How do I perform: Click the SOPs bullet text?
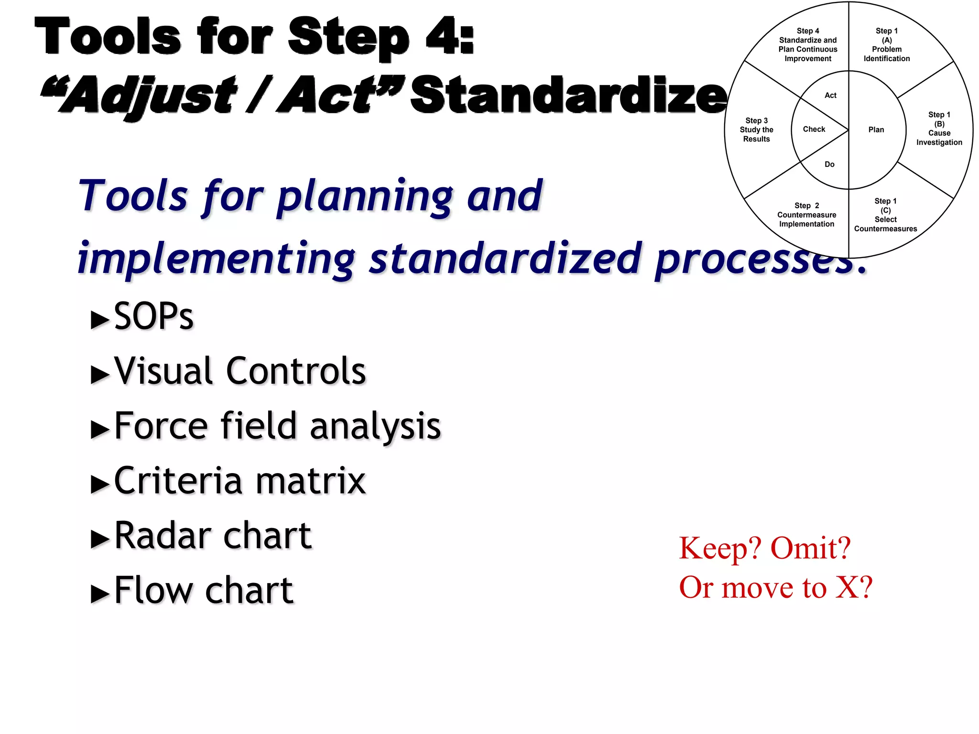click(153, 316)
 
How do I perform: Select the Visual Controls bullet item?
click(240, 371)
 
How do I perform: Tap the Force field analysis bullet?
click(277, 426)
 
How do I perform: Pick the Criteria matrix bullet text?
click(240, 481)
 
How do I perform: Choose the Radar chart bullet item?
click(213, 536)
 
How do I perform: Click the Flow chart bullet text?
click(204, 591)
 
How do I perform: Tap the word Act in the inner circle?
click(830, 96)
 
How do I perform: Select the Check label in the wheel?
click(814, 130)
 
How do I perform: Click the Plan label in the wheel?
click(876, 130)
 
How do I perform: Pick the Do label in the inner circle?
click(829, 164)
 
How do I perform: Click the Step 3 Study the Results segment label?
click(756, 130)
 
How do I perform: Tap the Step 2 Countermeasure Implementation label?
click(806, 215)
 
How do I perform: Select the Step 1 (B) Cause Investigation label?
click(939, 129)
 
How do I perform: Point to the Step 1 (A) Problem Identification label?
click(886, 45)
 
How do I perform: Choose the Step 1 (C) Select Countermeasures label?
click(885, 215)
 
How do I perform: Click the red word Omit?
click(811, 548)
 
